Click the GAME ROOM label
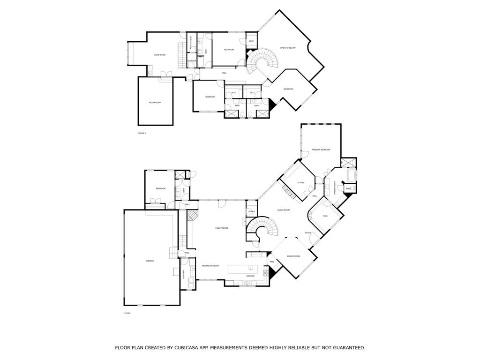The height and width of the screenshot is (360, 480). click(159, 55)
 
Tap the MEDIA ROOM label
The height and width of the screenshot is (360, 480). click(155, 102)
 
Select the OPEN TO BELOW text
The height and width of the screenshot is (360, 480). click(288, 48)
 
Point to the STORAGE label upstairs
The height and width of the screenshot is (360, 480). click(192, 60)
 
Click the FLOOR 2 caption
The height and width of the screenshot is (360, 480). click(142, 133)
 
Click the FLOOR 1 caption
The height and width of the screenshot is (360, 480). click(127, 313)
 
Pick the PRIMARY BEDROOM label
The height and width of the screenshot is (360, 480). click(321, 150)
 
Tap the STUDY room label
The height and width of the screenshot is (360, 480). click(301, 183)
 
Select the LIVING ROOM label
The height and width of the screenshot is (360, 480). click(283, 210)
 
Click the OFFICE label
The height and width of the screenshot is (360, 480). click(251, 212)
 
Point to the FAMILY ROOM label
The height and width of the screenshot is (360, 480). click(221, 228)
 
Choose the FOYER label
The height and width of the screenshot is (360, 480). click(308, 232)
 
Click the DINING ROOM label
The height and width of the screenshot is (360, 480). click(293, 256)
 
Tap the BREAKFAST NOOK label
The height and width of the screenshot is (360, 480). click(210, 266)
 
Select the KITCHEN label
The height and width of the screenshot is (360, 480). click(250, 276)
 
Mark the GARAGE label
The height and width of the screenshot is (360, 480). click(150, 261)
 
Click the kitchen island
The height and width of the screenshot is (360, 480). click(243, 269)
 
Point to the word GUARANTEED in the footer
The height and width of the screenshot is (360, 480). click(347, 348)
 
